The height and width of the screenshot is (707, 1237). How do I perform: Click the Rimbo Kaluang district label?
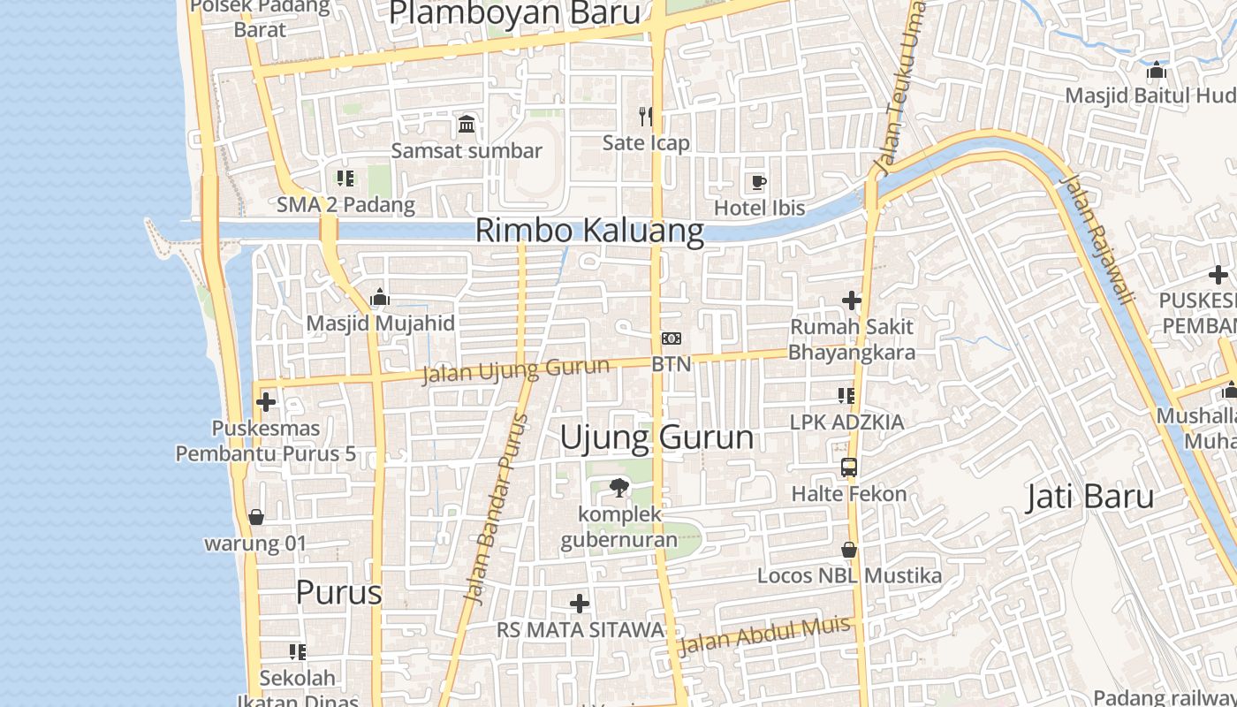(x=589, y=231)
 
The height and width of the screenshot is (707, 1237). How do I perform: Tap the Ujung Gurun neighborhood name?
(x=656, y=437)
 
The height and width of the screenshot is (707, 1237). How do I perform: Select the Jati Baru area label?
(x=1089, y=497)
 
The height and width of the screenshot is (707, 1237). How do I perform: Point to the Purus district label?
(x=338, y=592)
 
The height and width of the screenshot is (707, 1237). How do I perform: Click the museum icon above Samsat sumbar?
(x=467, y=124)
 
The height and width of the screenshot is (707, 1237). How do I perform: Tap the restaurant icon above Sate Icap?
(x=646, y=116)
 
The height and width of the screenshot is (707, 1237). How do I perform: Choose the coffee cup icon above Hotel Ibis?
(x=758, y=183)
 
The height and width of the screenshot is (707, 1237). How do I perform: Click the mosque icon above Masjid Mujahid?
(x=380, y=297)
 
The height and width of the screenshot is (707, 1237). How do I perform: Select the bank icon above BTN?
(x=672, y=338)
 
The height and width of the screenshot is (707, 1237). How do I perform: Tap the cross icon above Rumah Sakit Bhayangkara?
(x=852, y=301)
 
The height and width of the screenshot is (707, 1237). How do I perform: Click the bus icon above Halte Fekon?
(x=849, y=468)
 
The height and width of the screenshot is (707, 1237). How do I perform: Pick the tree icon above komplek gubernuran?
(x=619, y=487)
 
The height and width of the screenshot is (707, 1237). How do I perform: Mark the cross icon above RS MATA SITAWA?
(x=580, y=604)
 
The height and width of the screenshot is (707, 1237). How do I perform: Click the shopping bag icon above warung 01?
(x=256, y=517)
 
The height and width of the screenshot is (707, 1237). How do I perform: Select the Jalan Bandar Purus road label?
(x=496, y=509)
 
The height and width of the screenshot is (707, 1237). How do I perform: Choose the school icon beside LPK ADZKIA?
(x=846, y=396)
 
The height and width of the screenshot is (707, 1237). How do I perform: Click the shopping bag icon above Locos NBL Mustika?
(x=849, y=550)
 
